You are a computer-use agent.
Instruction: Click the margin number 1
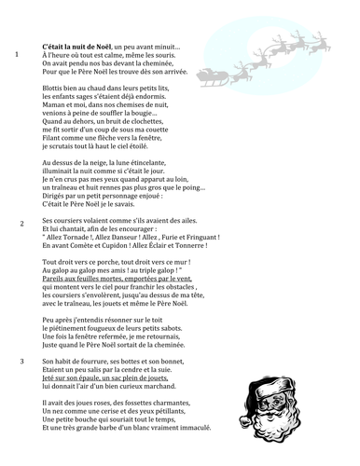pos(19,54)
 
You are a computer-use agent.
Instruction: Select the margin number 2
pos(21,225)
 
